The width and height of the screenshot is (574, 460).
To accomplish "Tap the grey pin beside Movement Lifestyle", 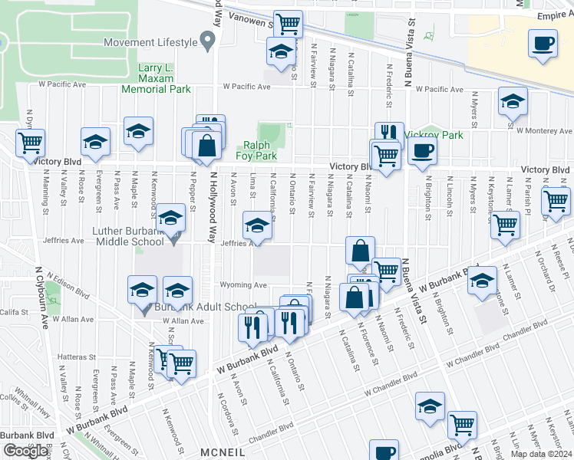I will (206, 39).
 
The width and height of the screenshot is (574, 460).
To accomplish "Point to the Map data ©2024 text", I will (541, 454).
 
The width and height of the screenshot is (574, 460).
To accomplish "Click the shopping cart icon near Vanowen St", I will (287, 24).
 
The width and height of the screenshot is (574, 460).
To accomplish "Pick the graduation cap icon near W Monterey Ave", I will (513, 102).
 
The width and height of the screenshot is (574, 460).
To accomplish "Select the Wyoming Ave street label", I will (244, 285).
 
